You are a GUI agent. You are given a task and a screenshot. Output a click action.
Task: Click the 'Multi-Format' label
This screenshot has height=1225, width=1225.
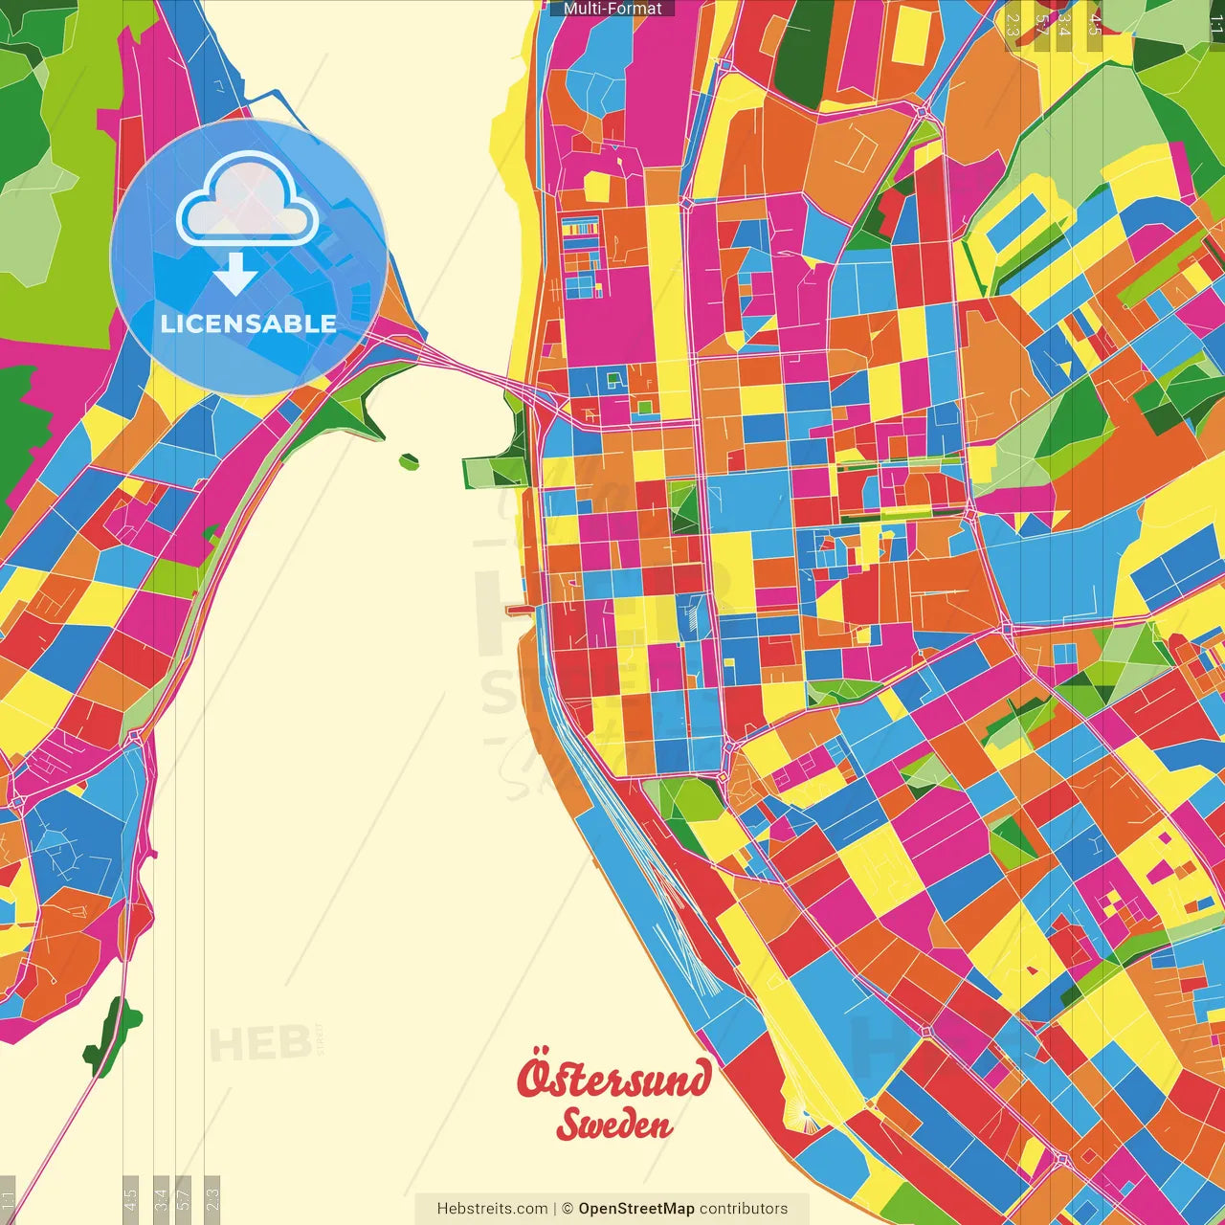[x=612, y=9]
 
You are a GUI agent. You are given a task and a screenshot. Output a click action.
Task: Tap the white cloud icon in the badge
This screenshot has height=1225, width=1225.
[x=248, y=201]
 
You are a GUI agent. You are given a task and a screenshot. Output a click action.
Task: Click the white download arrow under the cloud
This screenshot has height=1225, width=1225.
[x=235, y=275]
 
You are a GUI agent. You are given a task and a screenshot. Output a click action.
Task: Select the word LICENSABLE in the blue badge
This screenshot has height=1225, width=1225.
[x=249, y=323]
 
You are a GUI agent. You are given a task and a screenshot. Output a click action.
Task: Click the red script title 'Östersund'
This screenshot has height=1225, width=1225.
[x=614, y=1079]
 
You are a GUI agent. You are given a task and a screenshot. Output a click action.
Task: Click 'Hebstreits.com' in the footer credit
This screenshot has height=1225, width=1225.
[x=492, y=1209]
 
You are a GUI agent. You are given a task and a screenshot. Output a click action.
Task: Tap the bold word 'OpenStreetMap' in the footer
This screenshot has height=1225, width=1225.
[x=635, y=1209]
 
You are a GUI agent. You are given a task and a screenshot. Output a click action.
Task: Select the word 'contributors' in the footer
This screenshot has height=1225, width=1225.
[x=744, y=1209]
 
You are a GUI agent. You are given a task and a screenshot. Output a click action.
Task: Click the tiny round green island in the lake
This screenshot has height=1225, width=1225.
[x=409, y=461]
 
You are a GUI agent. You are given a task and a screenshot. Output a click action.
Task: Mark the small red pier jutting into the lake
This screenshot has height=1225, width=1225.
[x=519, y=609]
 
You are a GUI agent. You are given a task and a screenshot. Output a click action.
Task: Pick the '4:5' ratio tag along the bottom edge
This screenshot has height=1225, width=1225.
[x=130, y=1198]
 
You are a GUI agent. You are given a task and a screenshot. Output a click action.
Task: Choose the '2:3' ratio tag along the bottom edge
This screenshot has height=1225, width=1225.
[x=212, y=1198]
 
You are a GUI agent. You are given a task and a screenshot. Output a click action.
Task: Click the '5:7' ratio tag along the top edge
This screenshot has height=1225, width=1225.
[x=1041, y=24]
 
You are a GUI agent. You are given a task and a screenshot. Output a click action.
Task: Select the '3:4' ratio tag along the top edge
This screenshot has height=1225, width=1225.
[x=1064, y=24]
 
